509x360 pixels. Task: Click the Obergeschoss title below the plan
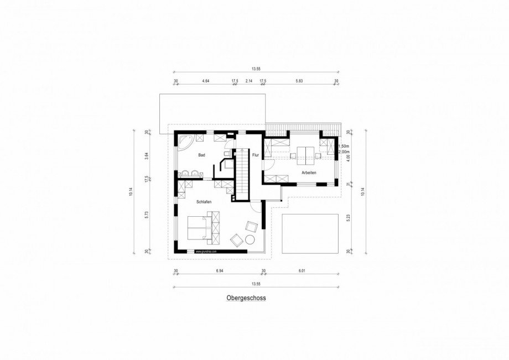(x=246, y=298)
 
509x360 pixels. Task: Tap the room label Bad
(x=202, y=155)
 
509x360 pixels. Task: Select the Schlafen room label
(x=204, y=202)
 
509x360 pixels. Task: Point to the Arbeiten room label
(x=309, y=173)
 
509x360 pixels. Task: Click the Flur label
(x=255, y=155)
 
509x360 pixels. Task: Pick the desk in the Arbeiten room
(x=305, y=153)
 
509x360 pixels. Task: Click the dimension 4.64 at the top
(x=205, y=81)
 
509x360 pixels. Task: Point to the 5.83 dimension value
(x=299, y=81)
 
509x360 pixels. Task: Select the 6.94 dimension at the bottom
(x=220, y=271)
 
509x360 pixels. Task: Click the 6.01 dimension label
(x=302, y=271)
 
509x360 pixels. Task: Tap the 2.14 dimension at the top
(x=248, y=81)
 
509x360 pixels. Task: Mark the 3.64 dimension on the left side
(x=147, y=155)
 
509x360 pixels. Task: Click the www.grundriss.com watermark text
(x=206, y=251)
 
